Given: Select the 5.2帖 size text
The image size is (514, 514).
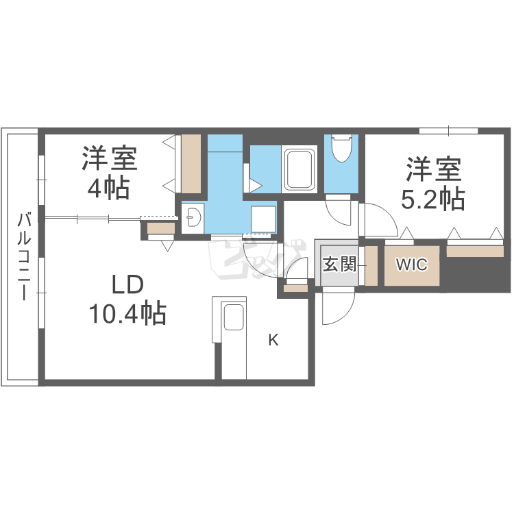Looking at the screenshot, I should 432,198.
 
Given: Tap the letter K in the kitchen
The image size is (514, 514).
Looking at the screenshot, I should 273,340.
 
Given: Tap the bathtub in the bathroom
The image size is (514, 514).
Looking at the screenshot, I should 299,169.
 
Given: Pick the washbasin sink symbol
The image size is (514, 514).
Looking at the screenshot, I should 193,217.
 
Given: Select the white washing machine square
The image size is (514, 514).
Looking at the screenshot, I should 263,218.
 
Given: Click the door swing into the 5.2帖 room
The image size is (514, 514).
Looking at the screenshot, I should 379,220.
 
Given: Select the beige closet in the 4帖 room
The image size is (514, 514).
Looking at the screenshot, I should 191,164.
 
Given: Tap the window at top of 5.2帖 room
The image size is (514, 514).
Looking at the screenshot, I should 448,130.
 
